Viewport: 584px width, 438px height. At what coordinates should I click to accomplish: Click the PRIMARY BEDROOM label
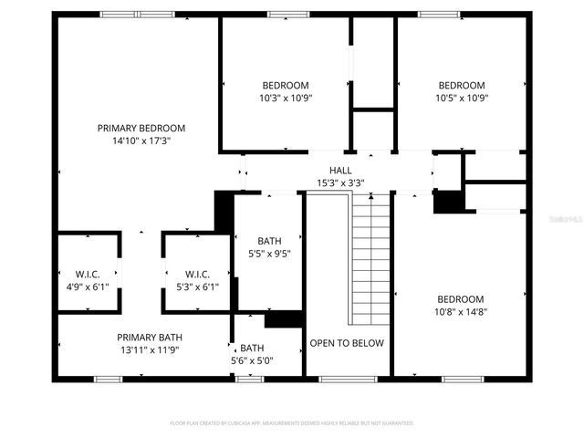coord(141,129)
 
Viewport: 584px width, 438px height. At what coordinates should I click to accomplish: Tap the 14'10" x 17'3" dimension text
coord(141,141)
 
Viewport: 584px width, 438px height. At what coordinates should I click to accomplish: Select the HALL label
coord(340,171)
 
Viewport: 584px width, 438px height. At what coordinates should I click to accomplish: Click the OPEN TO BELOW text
coord(347,343)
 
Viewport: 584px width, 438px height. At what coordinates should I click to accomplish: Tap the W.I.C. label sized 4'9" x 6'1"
coord(88,275)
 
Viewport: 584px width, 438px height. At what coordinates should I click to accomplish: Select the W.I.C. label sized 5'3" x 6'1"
coord(197,275)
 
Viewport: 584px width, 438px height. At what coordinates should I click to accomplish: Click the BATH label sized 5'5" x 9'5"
coord(269,242)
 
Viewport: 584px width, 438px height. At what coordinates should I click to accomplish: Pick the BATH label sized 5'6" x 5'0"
coord(252,349)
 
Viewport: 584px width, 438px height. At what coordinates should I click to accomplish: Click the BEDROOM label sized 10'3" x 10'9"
coord(286,85)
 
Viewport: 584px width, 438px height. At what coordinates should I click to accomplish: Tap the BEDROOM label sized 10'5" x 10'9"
coord(461,85)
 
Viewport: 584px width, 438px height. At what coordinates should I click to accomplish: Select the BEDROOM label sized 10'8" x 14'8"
coord(460,299)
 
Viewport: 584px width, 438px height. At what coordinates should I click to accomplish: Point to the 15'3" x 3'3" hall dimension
coord(340,182)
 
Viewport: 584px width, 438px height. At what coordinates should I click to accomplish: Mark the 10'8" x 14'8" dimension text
coord(460,312)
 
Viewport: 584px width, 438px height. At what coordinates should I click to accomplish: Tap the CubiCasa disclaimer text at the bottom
coord(292,423)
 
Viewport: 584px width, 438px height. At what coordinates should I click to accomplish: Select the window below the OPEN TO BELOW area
coord(348,379)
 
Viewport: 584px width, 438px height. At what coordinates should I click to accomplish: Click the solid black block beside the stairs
coord(447,202)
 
